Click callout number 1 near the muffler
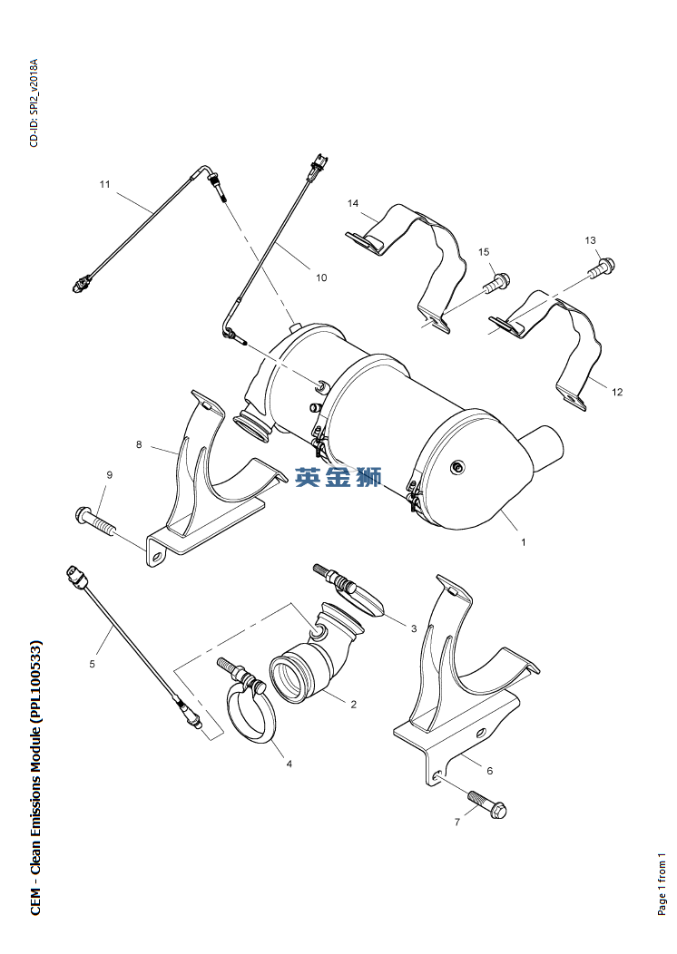[x=523, y=542]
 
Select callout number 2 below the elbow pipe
[x=353, y=704]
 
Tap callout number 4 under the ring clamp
[x=289, y=764]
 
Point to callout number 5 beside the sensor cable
[x=92, y=664]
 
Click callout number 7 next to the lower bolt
[x=457, y=822]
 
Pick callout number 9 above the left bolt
[x=109, y=474]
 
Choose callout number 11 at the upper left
[x=104, y=184]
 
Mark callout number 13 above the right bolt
[x=590, y=240]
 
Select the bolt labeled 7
[x=488, y=803]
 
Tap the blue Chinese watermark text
[x=338, y=477]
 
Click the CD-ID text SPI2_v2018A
[x=34, y=91]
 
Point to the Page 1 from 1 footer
[x=662, y=883]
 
